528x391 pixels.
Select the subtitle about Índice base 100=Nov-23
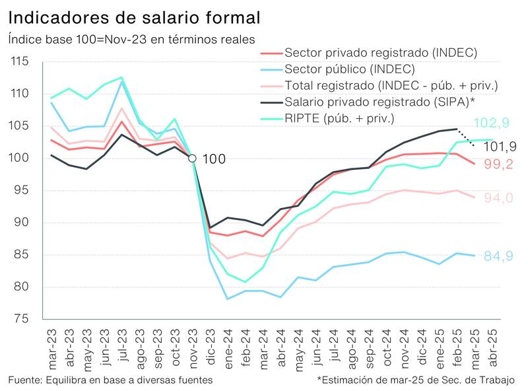tap(131, 40)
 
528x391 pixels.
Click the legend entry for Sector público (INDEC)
tap(349, 69)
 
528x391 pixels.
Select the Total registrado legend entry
tap(391, 85)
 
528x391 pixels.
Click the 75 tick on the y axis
tap(22, 319)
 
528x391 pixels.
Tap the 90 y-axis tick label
tap(22, 223)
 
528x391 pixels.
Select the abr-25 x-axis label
tap(492, 347)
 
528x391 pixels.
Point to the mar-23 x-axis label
tap(51, 347)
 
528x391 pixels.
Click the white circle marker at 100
tap(192, 158)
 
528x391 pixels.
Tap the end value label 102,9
tap(489, 124)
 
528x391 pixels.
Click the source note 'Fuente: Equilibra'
tap(111, 380)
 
